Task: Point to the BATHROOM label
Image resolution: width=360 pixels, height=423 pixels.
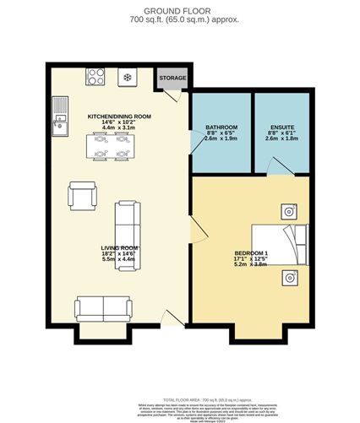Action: pyautogui.click(x=221, y=127)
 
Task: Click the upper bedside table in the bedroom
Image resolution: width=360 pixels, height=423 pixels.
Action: pyautogui.click(x=288, y=211)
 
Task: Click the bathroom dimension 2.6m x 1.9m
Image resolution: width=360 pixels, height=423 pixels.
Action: pyautogui.click(x=221, y=139)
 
